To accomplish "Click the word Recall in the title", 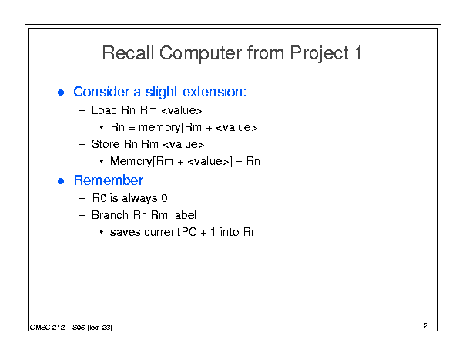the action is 128,53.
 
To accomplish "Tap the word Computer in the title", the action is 200,54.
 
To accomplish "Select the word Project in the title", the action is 319,54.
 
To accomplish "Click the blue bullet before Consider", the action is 61,93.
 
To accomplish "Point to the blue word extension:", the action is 214,92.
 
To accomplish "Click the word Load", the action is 104,110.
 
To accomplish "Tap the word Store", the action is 106,144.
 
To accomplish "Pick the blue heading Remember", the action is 109,180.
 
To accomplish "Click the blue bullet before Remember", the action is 61,181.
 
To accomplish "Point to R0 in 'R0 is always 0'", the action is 99,198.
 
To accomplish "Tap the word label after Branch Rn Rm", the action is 184,215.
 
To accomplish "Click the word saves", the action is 125,232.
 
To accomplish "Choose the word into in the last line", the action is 230,232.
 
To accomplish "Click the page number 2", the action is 426,326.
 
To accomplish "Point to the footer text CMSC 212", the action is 47,328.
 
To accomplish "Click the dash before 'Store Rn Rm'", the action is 82,145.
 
